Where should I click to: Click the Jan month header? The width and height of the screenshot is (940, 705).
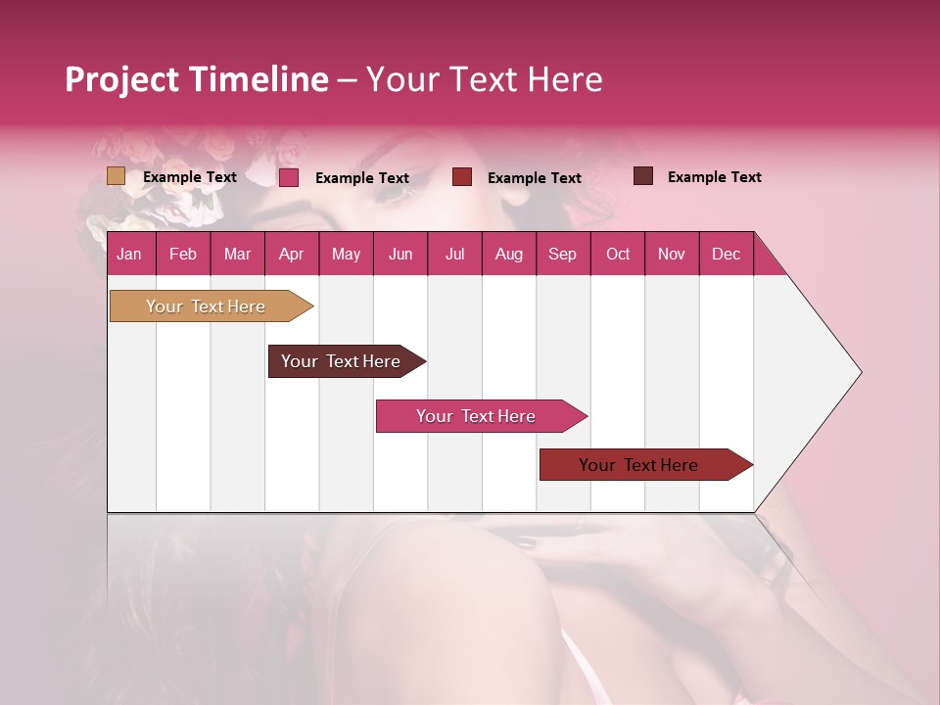coord(129,254)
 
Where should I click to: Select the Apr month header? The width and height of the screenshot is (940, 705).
coord(291,254)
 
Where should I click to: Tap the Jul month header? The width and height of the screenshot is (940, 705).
coord(454,254)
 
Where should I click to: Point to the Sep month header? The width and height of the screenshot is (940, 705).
coord(562,254)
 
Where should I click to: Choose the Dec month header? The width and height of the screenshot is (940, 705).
coord(726,254)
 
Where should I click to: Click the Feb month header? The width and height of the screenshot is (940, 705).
coord(183,254)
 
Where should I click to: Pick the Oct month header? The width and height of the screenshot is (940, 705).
coord(618,254)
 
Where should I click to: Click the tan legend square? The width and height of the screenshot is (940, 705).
coord(117,176)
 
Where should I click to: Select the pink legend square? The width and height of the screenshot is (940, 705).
coord(289,177)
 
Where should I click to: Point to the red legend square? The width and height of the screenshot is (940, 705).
coord(462,177)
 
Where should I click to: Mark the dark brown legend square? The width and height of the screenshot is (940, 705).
coord(643,176)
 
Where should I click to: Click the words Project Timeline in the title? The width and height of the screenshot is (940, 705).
coord(197,79)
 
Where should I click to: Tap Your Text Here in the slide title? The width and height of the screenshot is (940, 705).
coord(485,79)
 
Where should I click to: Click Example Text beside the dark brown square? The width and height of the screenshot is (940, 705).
coord(714,177)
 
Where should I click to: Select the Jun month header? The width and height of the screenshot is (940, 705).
coord(400,254)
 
